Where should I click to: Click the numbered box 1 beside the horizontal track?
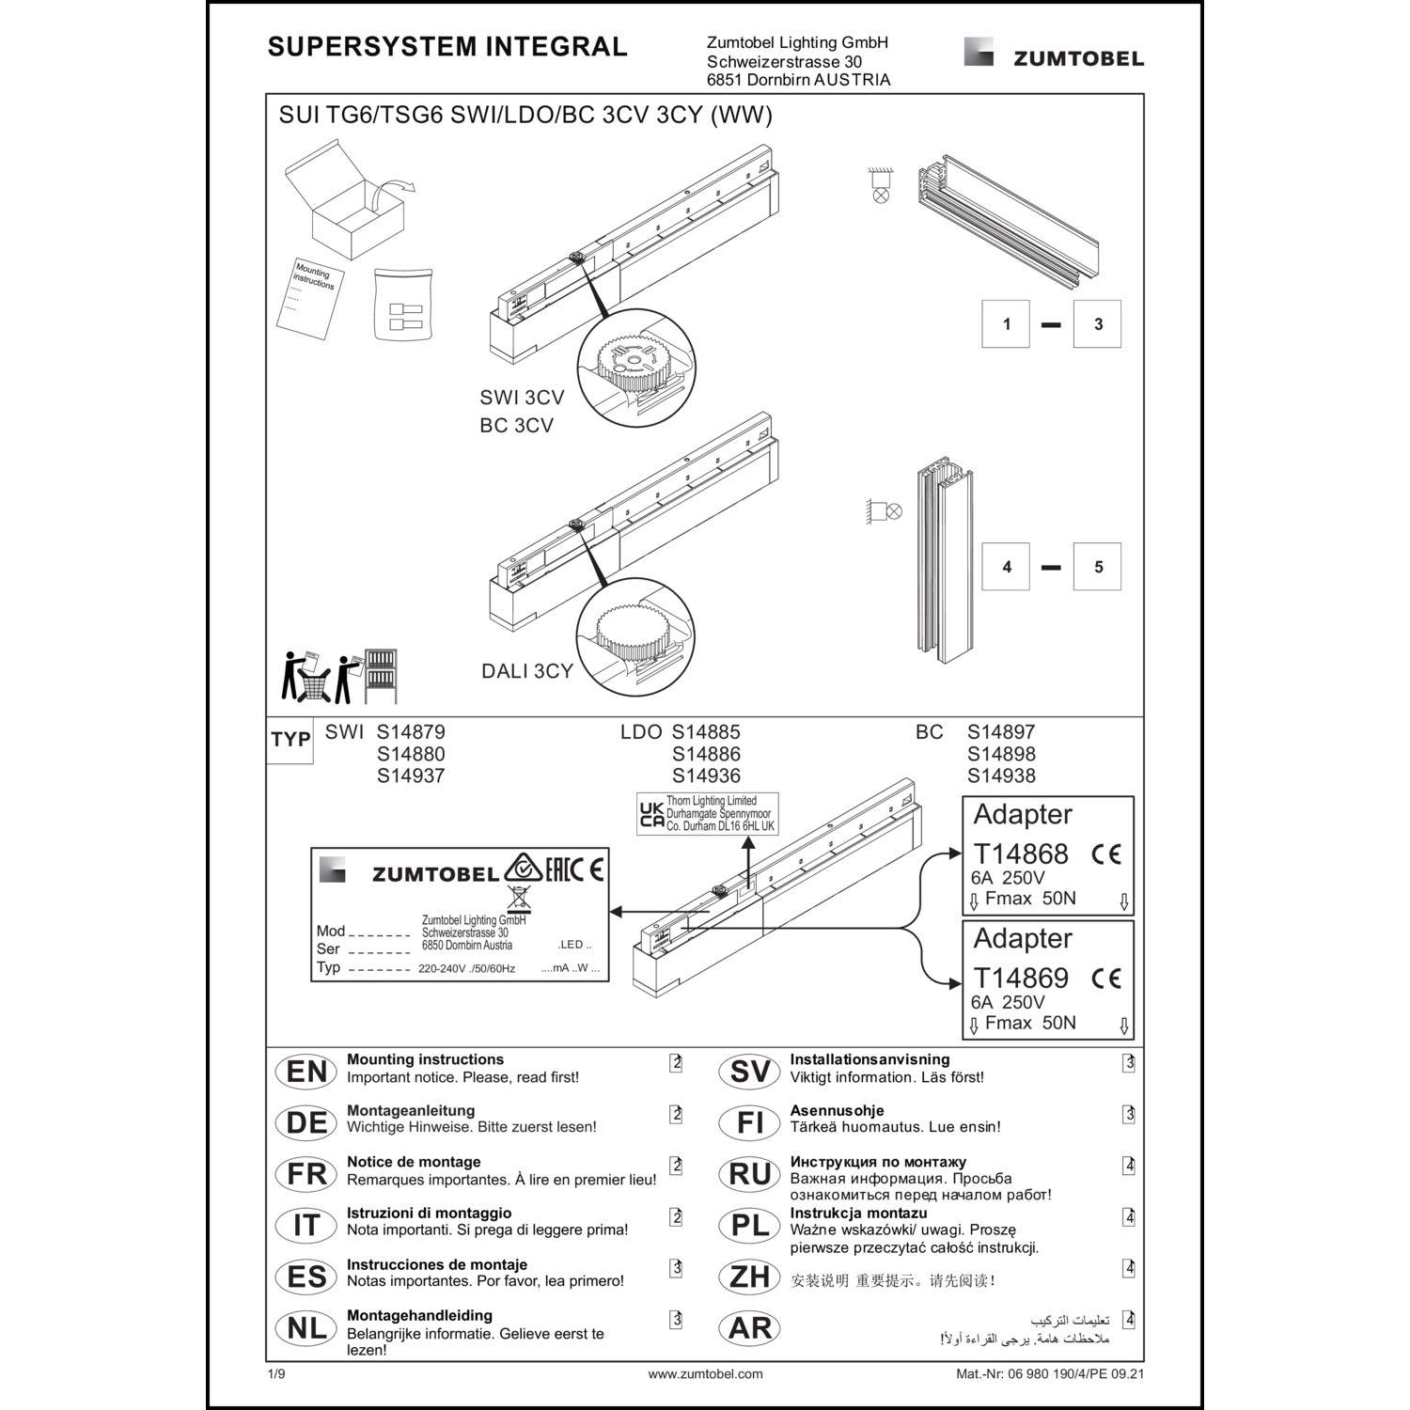coord(1006,324)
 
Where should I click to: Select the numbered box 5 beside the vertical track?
coord(1097,567)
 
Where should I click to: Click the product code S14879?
coord(411,732)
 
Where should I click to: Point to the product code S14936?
coord(706,776)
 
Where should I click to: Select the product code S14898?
coord(1001,754)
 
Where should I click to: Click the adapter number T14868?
coord(1021,854)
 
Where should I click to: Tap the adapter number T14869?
coord(1021,978)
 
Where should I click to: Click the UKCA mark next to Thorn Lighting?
coord(651,815)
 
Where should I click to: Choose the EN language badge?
coord(306,1072)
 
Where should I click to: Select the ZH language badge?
coord(749,1277)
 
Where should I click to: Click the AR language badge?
coord(749,1328)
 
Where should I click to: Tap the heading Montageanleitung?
coord(411,1110)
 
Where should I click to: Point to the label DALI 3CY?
coord(526,671)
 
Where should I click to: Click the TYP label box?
coord(290,740)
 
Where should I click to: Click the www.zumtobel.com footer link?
coord(705,1373)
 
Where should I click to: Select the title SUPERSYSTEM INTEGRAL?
coord(447,47)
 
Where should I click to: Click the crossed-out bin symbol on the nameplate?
coord(518,897)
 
